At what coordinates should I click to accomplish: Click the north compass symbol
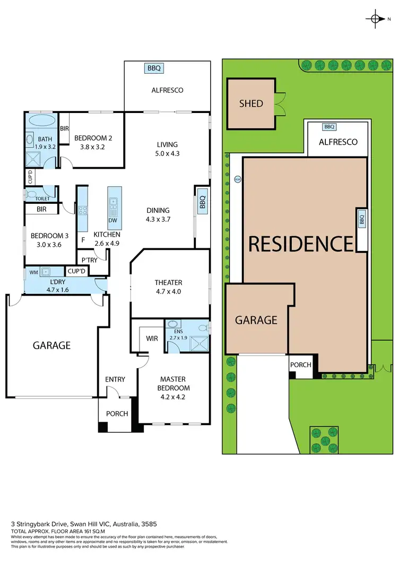pyautogui.click(x=375, y=19)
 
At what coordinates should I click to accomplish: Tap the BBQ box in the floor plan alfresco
pyautogui.click(x=154, y=68)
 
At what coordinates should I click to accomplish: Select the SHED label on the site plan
pyautogui.click(x=251, y=103)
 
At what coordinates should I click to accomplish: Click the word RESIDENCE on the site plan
pyautogui.click(x=301, y=244)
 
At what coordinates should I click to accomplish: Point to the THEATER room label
pyautogui.click(x=169, y=282)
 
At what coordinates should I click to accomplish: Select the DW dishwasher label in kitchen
pyautogui.click(x=113, y=220)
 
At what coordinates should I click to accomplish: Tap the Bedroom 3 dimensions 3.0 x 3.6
pyautogui.click(x=46, y=245)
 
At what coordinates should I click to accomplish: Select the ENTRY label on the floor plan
pyautogui.click(x=115, y=379)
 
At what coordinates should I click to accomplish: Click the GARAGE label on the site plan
pyautogui.click(x=256, y=320)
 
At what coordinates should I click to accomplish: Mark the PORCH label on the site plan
pyautogui.click(x=300, y=365)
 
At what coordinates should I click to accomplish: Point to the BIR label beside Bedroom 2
pyautogui.click(x=64, y=129)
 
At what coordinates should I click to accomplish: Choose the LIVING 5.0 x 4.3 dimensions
pyautogui.click(x=167, y=154)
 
